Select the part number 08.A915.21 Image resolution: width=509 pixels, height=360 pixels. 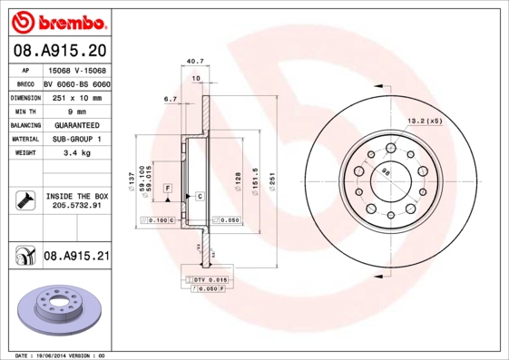(76, 257)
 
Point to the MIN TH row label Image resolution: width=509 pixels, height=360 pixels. (24, 111)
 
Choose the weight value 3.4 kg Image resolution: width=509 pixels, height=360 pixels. (76, 153)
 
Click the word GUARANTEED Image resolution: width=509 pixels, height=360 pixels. (76, 125)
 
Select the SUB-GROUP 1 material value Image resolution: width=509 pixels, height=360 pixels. (76, 139)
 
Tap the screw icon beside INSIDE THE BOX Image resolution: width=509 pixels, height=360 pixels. (24, 200)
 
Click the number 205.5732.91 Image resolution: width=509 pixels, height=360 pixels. (76, 206)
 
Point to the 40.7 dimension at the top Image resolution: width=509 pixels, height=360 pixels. (193, 62)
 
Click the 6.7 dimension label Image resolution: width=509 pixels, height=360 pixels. (170, 99)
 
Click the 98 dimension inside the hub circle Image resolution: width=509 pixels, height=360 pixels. (386, 172)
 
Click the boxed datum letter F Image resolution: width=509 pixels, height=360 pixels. (168, 187)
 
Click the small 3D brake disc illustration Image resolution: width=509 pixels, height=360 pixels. (57, 308)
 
